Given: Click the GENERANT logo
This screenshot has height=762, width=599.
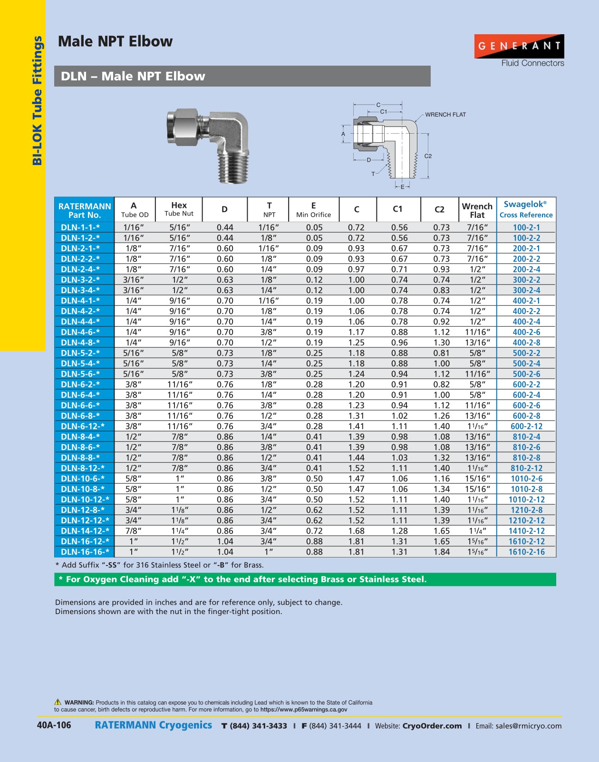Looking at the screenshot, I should [x=519, y=46].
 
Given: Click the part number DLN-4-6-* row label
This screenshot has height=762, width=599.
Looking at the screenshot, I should [x=80, y=332].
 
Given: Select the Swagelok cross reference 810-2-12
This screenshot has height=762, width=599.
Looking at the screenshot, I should [x=526, y=468].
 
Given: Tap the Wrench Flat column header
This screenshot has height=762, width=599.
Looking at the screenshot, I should [x=477, y=210].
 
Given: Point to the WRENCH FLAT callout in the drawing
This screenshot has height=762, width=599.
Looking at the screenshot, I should [x=445, y=115].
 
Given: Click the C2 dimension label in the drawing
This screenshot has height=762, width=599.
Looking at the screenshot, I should [x=428, y=156].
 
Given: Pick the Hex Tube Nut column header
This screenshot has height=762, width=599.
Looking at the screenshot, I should [x=179, y=209].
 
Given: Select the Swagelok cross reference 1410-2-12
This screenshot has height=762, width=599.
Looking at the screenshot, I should [x=526, y=531].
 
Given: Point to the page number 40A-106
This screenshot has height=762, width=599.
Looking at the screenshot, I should [x=54, y=725].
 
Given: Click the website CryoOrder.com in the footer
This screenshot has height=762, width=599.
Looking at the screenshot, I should [x=432, y=726].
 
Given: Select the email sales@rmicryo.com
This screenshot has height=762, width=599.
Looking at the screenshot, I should [x=528, y=726].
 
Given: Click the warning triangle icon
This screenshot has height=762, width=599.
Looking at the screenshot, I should [x=58, y=702].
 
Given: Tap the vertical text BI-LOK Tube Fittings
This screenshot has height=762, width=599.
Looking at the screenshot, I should [x=37, y=101].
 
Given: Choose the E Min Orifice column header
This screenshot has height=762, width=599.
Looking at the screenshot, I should [x=313, y=210].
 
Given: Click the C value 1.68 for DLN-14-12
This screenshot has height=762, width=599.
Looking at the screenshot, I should [x=356, y=531].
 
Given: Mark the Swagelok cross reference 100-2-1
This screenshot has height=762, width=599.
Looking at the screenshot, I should [x=526, y=227].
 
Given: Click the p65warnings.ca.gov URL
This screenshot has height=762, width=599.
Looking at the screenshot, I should [x=303, y=710].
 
